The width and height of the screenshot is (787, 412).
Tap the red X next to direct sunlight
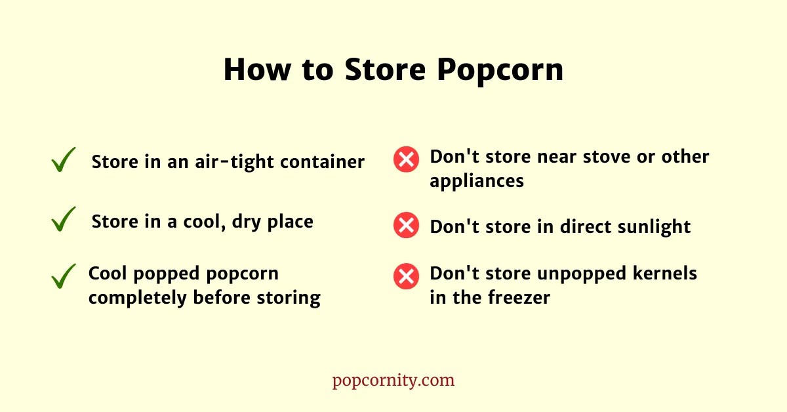tap(406, 226)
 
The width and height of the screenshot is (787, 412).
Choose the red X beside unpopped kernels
tap(406, 276)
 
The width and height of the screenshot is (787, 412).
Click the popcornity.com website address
tap(393, 381)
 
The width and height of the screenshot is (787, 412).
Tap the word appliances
tap(477, 181)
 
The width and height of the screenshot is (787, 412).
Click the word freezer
tap(519, 297)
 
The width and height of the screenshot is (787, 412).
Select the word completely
tap(137, 298)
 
